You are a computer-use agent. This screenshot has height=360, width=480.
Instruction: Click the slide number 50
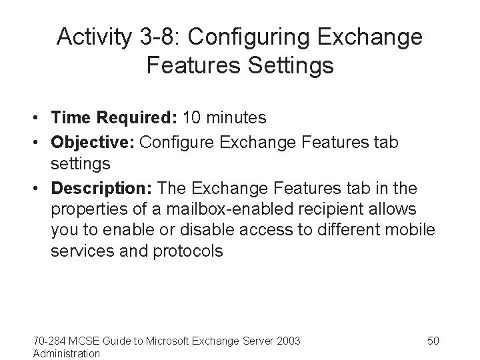pyautogui.click(x=433, y=341)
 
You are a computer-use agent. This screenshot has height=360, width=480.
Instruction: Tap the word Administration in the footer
pyautogui.click(x=67, y=353)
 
